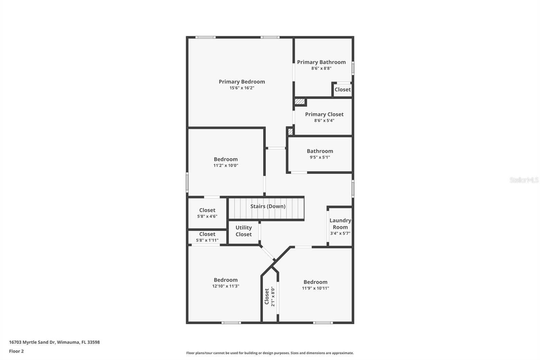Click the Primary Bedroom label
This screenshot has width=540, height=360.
click(242, 82)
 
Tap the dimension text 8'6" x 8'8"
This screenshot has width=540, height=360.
click(321, 68)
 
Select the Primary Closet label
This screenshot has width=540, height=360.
click(324, 114)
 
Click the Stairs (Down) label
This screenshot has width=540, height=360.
click(268, 206)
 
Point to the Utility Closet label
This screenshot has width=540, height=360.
click(243, 231)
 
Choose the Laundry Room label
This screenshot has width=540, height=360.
click(340, 224)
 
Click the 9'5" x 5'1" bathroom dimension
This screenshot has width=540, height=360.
click(320, 157)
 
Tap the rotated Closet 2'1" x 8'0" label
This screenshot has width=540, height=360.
click(269, 296)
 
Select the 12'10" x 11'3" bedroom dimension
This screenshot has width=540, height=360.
click(225, 286)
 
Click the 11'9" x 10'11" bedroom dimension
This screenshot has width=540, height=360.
click(315, 288)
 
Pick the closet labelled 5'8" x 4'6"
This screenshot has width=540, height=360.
click(207, 213)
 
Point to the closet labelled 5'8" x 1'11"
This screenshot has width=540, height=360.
click(207, 237)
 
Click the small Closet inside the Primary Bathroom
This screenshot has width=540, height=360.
click(343, 89)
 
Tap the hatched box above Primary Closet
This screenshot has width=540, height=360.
click(300, 101)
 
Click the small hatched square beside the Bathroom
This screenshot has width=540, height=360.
click(290, 131)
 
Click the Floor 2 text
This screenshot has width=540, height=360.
click(16, 351)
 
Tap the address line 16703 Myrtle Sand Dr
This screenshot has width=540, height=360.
click(54, 342)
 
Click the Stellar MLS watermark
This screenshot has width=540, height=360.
click(524, 180)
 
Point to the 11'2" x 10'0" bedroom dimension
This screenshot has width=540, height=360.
click(225, 165)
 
